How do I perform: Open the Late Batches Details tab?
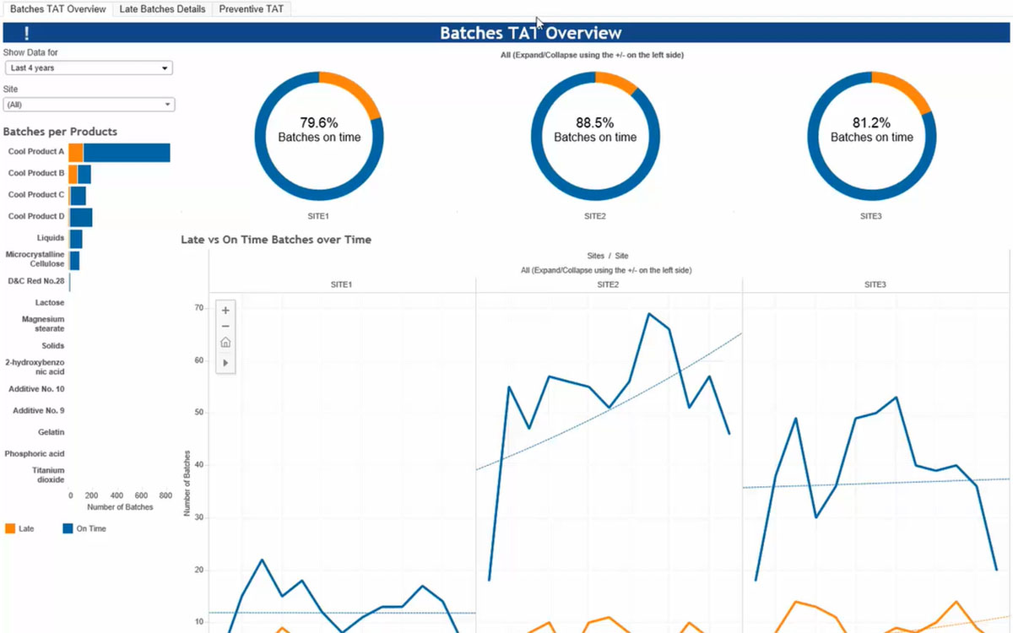coord(161,9)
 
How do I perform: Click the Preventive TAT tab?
coord(252,9)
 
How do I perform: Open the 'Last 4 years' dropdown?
coord(89,68)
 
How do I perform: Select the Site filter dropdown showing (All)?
coord(89,105)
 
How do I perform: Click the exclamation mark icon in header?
coord(27,34)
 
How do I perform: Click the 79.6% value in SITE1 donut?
coord(319,122)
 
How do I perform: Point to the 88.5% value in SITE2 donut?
coord(595,122)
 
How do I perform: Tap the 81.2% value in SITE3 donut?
coord(871,122)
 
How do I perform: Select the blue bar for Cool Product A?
coord(127,152)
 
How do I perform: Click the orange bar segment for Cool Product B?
coord(73,174)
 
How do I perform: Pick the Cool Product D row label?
coord(36,216)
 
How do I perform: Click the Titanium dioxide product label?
coord(48,474)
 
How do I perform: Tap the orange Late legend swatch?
coord(10,528)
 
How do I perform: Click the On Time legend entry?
coord(84,528)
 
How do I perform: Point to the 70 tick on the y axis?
coord(199,308)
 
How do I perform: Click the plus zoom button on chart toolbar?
coord(225,311)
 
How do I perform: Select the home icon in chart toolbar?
coord(225,343)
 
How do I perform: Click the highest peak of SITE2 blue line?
coord(649,314)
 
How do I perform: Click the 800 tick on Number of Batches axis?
coord(165,495)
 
